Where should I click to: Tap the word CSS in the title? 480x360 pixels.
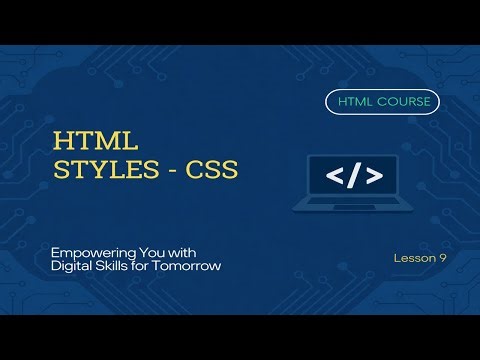pyautogui.click(x=209, y=171)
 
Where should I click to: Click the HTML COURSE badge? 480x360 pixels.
pyautogui.click(x=382, y=102)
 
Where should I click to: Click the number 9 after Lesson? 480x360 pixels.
pyautogui.click(x=442, y=258)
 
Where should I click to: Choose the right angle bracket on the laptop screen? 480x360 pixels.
pyautogui.click(x=371, y=177)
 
